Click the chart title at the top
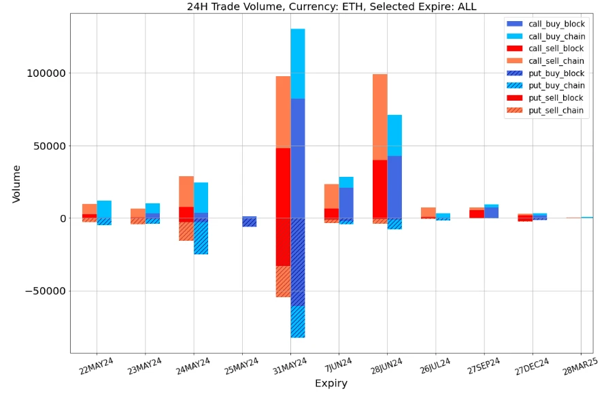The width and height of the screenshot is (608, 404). click(332, 7)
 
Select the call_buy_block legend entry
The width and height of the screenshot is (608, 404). click(556, 24)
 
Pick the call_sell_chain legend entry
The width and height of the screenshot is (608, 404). click(556, 61)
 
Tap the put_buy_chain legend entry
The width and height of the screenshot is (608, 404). click(556, 86)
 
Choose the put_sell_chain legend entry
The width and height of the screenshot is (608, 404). click(556, 111)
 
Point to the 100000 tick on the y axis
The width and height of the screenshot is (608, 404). click(47, 73)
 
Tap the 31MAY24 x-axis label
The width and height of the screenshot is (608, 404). click(286, 367)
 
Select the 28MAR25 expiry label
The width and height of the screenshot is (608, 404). click(579, 367)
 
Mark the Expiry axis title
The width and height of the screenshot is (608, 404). click(331, 384)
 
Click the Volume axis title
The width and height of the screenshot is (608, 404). click(16, 184)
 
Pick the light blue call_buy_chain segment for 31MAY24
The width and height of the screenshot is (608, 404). click(298, 63)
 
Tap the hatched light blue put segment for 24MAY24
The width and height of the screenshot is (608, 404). click(201, 238)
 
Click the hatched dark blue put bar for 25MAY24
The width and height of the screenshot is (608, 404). click(250, 222)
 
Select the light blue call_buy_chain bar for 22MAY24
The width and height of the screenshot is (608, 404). click(104, 209)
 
